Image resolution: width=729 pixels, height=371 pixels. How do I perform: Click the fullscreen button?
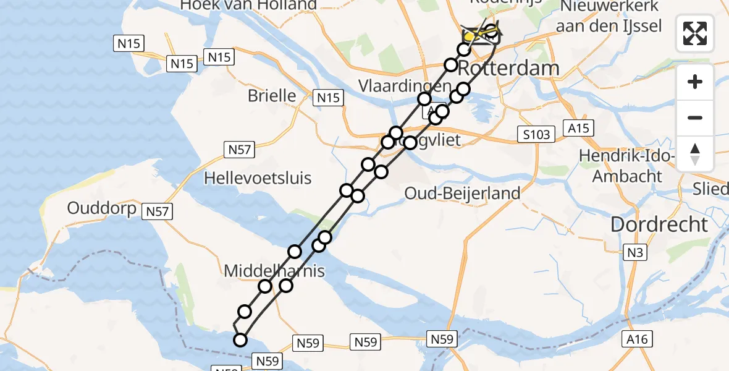click(x=695, y=33)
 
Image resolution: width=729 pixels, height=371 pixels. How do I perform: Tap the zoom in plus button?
click(x=695, y=82)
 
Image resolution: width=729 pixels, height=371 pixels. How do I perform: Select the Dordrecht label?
click(x=659, y=224)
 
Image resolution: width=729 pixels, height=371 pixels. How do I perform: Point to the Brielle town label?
click(x=272, y=96)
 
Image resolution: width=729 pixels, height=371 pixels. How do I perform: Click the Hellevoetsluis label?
click(x=258, y=178)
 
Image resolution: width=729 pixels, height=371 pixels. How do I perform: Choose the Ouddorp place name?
click(x=102, y=208)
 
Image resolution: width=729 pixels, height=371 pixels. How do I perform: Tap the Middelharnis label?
click(x=274, y=271)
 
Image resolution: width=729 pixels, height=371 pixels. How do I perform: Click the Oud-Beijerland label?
click(x=462, y=194)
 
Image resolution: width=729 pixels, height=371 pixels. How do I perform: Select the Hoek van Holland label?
click(x=248, y=6)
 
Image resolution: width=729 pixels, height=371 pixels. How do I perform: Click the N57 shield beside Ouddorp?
click(x=158, y=212)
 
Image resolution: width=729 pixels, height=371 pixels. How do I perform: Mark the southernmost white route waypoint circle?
click(x=240, y=339)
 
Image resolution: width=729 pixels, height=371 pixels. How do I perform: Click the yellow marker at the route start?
click(x=470, y=36)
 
